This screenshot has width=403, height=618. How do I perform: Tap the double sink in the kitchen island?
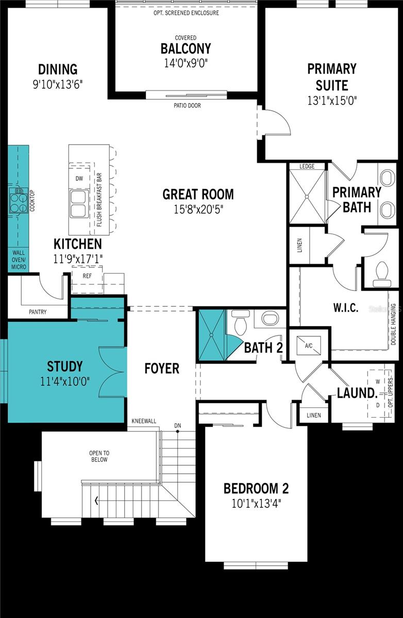(79, 204)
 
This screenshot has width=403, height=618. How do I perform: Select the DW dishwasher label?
(79, 179)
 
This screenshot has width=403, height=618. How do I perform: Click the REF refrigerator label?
(87, 276)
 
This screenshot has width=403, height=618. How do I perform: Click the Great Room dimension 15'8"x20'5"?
(198, 210)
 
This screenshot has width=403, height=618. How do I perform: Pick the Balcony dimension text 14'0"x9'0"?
(186, 63)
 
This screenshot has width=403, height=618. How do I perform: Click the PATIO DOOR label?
(187, 106)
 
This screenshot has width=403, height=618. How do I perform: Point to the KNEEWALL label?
(144, 421)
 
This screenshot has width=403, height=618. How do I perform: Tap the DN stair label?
(178, 426)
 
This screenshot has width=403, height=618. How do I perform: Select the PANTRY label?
(38, 312)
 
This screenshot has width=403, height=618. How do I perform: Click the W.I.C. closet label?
(346, 307)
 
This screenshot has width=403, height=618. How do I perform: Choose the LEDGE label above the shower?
(307, 166)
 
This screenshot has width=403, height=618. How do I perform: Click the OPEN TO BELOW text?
(99, 456)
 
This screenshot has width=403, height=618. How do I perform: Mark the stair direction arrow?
(96, 501)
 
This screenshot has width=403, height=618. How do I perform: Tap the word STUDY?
(64, 366)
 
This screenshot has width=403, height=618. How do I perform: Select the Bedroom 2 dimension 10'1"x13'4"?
(256, 504)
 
